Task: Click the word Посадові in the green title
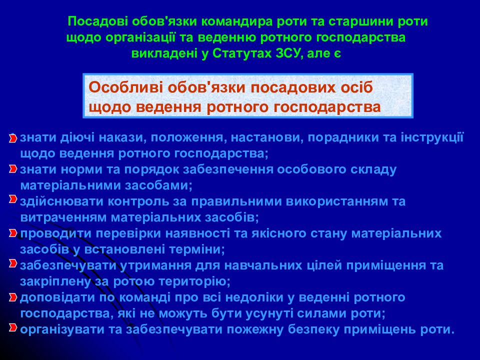click(x=97, y=21)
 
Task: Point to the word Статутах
click(x=242, y=53)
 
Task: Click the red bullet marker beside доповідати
click(x=13, y=297)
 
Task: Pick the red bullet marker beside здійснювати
click(x=13, y=199)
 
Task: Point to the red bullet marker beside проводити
click(x=13, y=233)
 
